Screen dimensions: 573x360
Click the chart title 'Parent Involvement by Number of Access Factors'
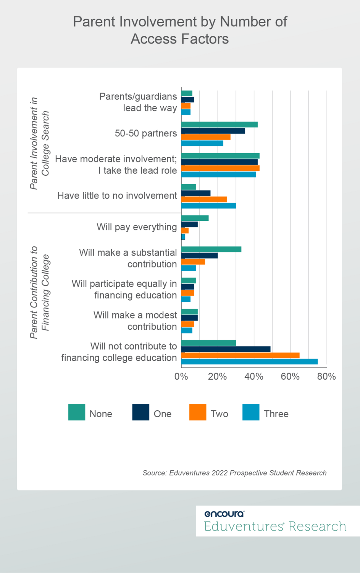180,30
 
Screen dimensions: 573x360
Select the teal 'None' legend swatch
77,412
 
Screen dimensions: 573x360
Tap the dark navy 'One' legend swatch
140,412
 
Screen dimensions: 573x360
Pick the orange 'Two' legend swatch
198,412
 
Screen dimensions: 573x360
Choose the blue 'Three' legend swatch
251,412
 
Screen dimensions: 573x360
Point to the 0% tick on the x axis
181,377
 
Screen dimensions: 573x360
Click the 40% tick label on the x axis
254,377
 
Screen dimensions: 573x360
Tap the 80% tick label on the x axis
326,377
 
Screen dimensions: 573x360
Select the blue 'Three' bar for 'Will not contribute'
249,361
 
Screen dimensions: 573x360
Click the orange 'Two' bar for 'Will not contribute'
240,355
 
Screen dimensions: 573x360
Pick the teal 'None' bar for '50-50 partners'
220,125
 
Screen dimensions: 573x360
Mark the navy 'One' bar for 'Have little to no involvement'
196,193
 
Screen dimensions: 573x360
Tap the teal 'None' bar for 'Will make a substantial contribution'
211,249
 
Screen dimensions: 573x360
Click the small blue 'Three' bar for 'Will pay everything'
183,237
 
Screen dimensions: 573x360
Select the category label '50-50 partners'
146,133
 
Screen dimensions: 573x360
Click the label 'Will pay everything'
137,227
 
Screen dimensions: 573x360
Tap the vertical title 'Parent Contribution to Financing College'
40,292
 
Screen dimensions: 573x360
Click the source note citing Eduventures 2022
234,473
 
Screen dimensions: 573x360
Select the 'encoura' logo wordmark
224,514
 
